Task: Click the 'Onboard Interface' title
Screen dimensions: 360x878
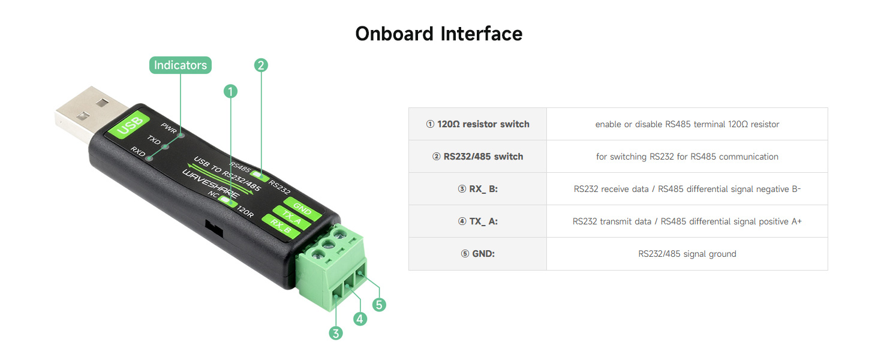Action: tap(438, 33)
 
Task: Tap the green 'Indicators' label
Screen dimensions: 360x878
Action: tap(180, 65)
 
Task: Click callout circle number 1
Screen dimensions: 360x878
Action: tap(230, 91)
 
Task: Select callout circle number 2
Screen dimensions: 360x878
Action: tap(260, 65)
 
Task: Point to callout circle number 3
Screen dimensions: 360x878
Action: tap(336, 333)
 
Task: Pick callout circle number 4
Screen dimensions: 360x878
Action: tap(360, 319)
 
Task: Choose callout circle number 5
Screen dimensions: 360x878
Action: tap(378, 305)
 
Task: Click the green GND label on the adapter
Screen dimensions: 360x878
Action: tap(302, 211)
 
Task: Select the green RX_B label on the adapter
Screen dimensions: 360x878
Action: tap(280, 226)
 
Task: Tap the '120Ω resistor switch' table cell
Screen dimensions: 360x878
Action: tap(477, 124)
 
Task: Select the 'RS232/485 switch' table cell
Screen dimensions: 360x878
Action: tap(477, 157)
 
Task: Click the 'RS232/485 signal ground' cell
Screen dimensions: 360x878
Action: tap(687, 254)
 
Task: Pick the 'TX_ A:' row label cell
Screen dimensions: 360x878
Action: tap(477, 221)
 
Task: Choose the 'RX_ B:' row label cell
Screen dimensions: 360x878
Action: tap(477, 189)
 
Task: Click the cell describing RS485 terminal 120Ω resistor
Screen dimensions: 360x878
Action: tap(687, 124)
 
